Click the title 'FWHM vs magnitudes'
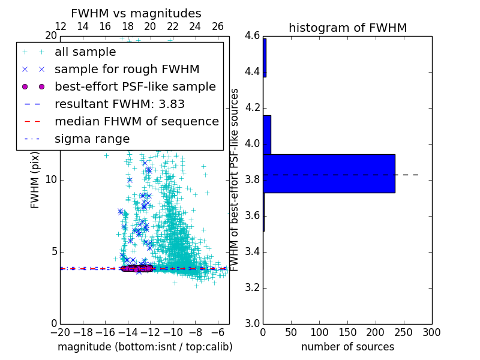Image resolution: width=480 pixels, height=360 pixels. tap(136, 13)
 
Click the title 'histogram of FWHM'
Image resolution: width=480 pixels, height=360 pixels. tap(347, 28)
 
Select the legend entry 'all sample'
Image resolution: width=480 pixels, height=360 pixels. tap(85, 52)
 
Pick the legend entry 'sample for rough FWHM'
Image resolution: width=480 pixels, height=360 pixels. tap(127, 70)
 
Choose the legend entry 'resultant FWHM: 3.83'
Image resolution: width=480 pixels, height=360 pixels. tap(119, 104)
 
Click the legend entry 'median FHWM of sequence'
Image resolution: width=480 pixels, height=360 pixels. tap(136, 122)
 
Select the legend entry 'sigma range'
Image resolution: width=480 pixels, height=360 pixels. tap(92, 139)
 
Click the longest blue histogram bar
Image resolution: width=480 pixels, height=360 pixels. tap(329, 173)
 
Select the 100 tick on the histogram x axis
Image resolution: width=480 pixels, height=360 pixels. tap(319, 332)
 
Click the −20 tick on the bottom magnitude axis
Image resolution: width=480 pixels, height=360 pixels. tap(60, 332)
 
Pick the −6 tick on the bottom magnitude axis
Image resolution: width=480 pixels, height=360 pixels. tap(218, 332)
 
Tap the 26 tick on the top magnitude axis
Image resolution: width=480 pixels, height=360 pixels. tap(218, 26)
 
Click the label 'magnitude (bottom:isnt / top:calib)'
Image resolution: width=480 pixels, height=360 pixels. tap(145, 347)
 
